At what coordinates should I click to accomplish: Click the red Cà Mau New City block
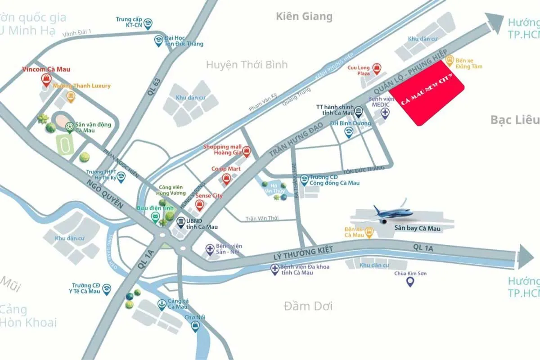pos(426,94)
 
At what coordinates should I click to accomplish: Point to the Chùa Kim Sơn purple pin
pos(410,282)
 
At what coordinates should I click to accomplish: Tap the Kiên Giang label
pos(304,17)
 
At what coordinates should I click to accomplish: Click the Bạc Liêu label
pos(514,120)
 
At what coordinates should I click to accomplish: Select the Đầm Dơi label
pos(308,306)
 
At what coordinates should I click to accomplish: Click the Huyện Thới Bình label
pos(247,65)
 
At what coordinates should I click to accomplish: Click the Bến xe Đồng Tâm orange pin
pos(449,59)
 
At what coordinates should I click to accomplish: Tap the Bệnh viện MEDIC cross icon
pos(385,112)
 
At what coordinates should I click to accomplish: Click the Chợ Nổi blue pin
pos(195,327)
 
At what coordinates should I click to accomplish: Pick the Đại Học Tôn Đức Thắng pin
pos(159,41)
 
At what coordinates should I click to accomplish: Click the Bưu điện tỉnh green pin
pos(155,218)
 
